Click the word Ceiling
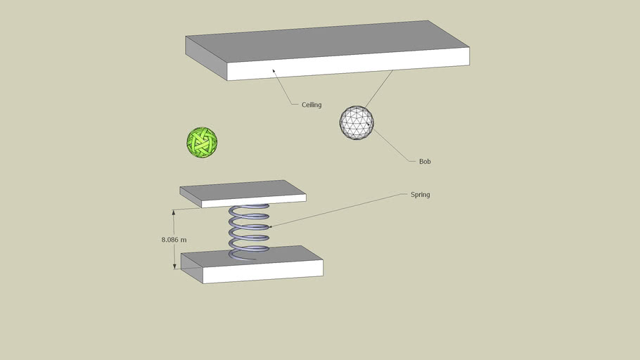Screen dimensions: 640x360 312,105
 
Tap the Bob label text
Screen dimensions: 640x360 425,162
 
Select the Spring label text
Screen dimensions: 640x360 420,195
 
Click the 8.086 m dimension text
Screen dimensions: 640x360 174,240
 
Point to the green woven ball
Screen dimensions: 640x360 202,142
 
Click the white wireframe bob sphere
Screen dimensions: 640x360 357,123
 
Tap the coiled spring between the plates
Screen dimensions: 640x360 248,231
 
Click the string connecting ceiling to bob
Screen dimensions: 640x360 379,89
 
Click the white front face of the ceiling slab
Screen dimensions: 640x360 348,64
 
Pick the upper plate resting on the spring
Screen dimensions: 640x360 243,193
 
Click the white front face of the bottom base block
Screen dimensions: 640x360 263,271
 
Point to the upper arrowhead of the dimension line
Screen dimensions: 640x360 174,212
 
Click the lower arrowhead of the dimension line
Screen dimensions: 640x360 174,266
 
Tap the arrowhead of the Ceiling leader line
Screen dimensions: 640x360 274,72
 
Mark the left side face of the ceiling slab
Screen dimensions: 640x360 206,58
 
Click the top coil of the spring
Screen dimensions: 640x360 248,210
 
